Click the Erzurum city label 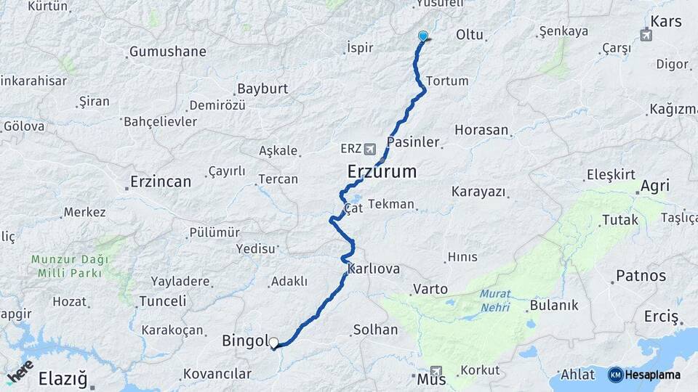pyautogui.click(x=382, y=172)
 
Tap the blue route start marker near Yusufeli pyautogui.click(x=423, y=36)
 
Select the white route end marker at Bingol pyautogui.click(x=273, y=343)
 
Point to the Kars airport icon pyautogui.click(x=646, y=35)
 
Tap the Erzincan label pyautogui.click(x=160, y=181)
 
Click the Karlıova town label pyautogui.click(x=374, y=269)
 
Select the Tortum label pyautogui.click(x=447, y=81)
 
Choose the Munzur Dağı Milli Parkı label pyautogui.click(x=70, y=266)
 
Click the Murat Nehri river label pyautogui.click(x=495, y=301)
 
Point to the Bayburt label pyautogui.click(x=262, y=89)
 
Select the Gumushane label pyautogui.click(x=167, y=52)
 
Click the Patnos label pyautogui.click(x=641, y=276)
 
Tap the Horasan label pyautogui.click(x=481, y=131)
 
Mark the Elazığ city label pyautogui.click(x=63, y=378)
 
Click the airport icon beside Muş pyautogui.click(x=436, y=370)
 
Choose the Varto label pyautogui.click(x=430, y=289)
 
